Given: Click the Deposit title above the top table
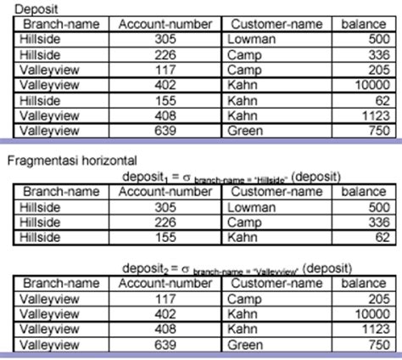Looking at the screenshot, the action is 25,8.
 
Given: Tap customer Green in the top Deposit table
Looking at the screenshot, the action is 247,131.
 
